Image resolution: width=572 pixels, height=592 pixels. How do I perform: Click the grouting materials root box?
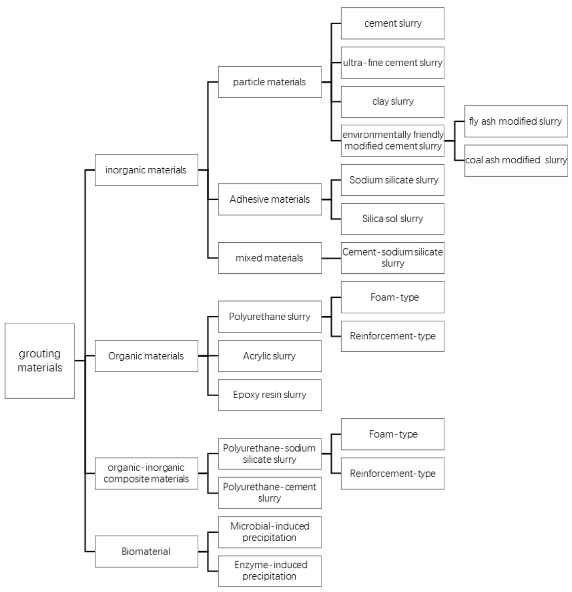39,361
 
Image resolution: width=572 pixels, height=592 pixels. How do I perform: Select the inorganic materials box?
146,170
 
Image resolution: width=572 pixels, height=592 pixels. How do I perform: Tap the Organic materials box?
146,356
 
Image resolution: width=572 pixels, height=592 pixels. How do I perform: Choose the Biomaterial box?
146,552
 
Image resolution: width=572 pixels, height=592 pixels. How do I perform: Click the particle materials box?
269,82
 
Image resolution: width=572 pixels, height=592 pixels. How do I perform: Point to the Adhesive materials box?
269,199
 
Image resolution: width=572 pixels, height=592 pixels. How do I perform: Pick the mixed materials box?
269,258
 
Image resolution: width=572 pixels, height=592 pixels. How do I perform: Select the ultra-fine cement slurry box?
392,63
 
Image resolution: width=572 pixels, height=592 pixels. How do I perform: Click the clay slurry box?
392,102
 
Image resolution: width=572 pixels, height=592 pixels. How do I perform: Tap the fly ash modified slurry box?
516,121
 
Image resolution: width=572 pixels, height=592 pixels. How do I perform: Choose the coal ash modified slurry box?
516,160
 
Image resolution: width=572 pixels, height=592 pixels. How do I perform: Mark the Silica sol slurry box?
392,219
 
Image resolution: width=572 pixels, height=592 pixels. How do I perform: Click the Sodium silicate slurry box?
392,180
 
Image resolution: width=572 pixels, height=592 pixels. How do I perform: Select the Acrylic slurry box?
269,356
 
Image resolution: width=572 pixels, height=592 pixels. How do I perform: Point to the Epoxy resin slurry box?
269,395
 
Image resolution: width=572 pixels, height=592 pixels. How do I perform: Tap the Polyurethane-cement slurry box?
269,492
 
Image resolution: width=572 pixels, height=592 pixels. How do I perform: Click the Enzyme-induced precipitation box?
269,571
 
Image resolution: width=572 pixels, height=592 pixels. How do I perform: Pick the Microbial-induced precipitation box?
269,532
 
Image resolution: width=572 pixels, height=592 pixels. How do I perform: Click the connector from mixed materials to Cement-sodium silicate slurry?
331,258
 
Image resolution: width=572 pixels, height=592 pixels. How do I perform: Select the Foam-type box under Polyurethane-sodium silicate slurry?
392,434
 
